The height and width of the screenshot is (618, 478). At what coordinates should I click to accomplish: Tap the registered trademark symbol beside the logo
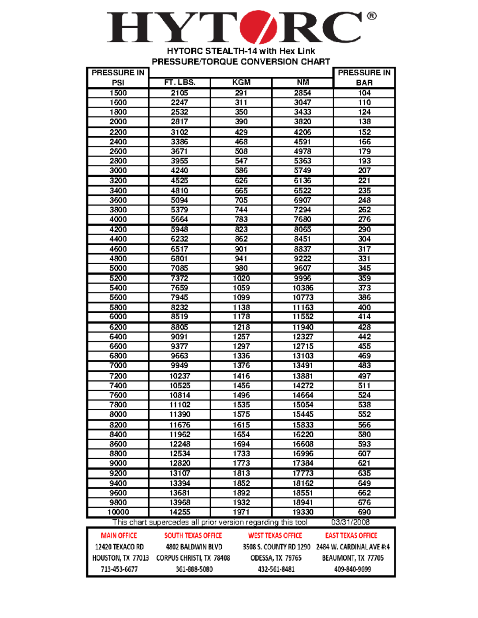pyautogui.click(x=371, y=16)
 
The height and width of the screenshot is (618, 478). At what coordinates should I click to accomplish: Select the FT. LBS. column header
pyautogui.click(x=180, y=82)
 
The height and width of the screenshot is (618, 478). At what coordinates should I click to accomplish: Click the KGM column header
pyautogui.click(x=241, y=82)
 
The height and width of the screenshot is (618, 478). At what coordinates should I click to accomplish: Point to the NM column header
pyautogui.click(x=303, y=82)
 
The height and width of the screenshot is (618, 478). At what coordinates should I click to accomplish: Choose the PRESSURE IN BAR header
pyautogui.click(x=364, y=78)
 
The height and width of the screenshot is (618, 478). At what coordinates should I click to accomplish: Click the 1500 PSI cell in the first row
pyautogui.click(x=118, y=93)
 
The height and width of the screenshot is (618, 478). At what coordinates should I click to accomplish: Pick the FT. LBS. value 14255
pyautogui.click(x=180, y=512)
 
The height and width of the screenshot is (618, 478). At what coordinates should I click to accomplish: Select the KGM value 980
pyautogui.click(x=241, y=268)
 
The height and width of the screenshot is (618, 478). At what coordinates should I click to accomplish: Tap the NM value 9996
pyautogui.click(x=303, y=278)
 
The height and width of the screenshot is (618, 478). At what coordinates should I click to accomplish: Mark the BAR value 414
pyautogui.click(x=364, y=316)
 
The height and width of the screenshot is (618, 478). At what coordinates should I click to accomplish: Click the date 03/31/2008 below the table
pyautogui.click(x=351, y=522)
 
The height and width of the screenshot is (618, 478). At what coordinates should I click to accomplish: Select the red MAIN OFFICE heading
pyautogui.click(x=119, y=536)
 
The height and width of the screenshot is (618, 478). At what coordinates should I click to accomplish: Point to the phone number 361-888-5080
pyautogui.click(x=194, y=569)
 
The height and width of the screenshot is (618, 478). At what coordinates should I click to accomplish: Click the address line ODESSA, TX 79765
pyautogui.click(x=276, y=558)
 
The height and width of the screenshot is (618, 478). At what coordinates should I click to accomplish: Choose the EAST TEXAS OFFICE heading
pyautogui.click(x=351, y=536)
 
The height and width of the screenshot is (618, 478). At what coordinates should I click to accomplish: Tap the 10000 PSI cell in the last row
pyautogui.click(x=118, y=512)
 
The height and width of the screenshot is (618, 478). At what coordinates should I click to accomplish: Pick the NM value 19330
pyautogui.click(x=303, y=512)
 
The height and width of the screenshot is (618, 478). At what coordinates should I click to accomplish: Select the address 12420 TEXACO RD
pyautogui.click(x=119, y=547)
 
